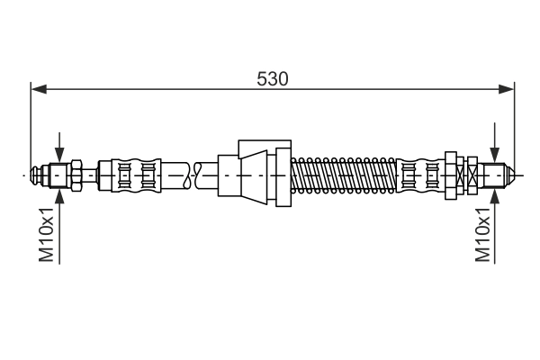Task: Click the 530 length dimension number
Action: coord(272,78)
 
